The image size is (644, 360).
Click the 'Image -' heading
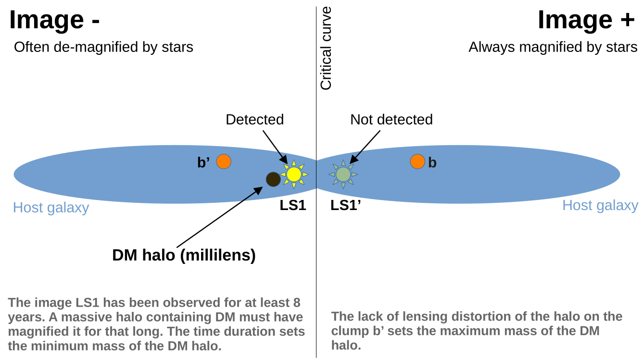pyautogui.click(x=54, y=20)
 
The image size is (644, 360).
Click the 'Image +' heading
pyautogui.click(x=586, y=20)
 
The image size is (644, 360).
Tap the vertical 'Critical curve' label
pyautogui.click(x=326, y=49)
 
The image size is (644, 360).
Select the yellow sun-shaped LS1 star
pyautogui.click(x=294, y=174)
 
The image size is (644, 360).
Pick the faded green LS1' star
pyautogui.click(x=343, y=174)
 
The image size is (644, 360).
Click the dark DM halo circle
pyautogui.click(x=273, y=179)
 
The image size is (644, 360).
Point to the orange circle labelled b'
pyautogui.click(x=224, y=161)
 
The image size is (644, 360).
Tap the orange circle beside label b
pyautogui.click(x=417, y=161)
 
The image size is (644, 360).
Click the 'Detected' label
pyautogui.click(x=254, y=120)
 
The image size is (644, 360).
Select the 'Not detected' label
pyautogui.click(x=391, y=120)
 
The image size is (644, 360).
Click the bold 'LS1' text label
pyautogui.click(x=293, y=206)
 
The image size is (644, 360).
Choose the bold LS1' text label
pyautogui.click(x=346, y=206)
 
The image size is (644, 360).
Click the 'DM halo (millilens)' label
pyautogui.click(x=184, y=255)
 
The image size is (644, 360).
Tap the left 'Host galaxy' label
pyautogui.click(x=51, y=208)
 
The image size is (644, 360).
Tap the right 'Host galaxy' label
pyautogui.click(x=600, y=206)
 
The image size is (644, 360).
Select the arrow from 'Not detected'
pyautogui.click(x=365, y=147)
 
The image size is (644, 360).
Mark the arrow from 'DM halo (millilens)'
pyautogui.click(x=219, y=217)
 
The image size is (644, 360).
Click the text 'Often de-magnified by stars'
pyautogui.click(x=103, y=47)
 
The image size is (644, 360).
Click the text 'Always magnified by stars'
pyautogui.click(x=553, y=47)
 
